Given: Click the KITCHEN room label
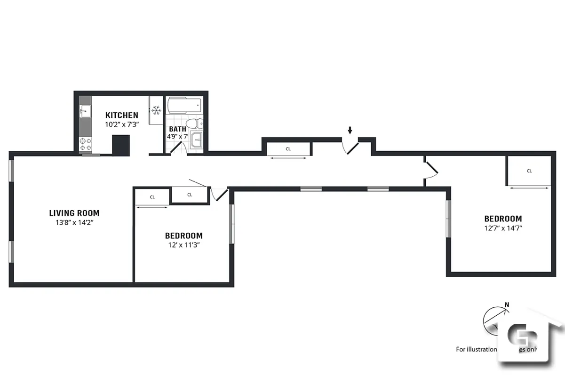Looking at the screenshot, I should click(121, 115).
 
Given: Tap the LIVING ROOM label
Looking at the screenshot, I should click(74, 213).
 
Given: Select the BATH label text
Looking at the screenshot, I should click(177, 129).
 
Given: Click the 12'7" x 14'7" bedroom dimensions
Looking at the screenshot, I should click(503, 228).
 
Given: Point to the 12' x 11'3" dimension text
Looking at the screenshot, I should click(183, 245).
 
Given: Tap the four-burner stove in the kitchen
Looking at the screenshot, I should click(85, 144).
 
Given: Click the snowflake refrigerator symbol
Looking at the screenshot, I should click(156, 111).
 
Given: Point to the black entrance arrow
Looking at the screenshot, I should click(350, 130).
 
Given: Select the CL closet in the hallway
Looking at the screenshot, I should click(288, 149).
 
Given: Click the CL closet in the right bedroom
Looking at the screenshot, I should click(529, 171).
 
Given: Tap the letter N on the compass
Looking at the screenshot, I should click(507, 305).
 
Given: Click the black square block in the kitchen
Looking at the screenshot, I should click(120, 145).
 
